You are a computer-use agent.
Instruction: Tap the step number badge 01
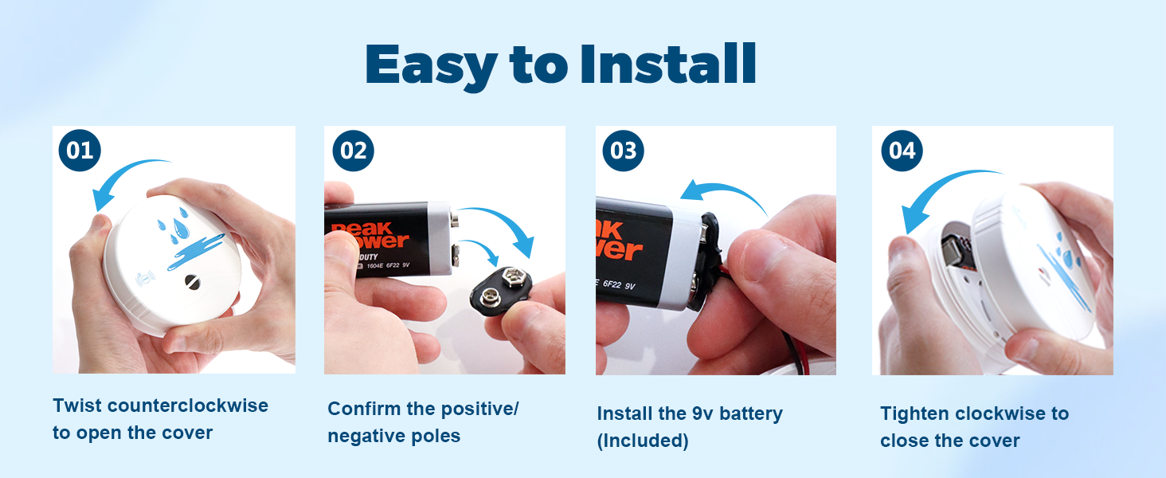pyautogui.click(x=80, y=151)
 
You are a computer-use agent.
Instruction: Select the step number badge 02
pyautogui.click(x=353, y=151)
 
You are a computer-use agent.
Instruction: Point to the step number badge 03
pyautogui.click(x=623, y=151)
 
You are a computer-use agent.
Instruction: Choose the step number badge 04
pyautogui.click(x=902, y=151)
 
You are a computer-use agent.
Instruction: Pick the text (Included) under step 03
pyautogui.click(x=643, y=441)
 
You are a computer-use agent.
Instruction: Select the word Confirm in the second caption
pyautogui.click(x=364, y=409)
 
